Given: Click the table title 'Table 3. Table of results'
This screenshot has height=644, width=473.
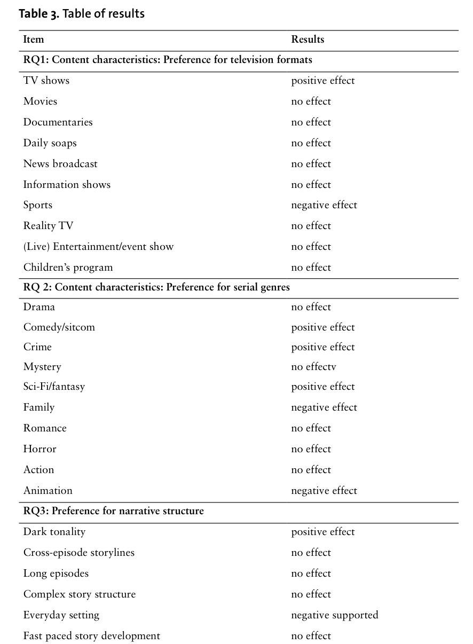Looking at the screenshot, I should (x=82, y=14).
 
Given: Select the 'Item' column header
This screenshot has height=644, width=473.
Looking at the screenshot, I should (x=34, y=40).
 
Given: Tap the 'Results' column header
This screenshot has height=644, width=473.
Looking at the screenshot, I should (x=308, y=40).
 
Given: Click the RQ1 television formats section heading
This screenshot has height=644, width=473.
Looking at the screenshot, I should (x=168, y=60).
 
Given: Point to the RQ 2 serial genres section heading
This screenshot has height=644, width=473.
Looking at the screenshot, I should (x=156, y=287).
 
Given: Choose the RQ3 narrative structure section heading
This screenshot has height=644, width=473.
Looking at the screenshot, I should (x=113, y=511).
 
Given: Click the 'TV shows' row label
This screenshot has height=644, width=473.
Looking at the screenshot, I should (x=46, y=81).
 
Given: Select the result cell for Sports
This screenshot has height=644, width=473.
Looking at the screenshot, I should (x=324, y=205).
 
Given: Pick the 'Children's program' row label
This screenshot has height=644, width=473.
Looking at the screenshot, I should (x=68, y=268).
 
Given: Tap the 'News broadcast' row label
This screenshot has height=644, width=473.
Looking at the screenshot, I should (x=60, y=164).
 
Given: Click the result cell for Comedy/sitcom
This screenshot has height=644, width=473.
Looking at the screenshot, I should (x=322, y=327).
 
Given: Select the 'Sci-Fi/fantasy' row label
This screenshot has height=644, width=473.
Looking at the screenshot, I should (x=54, y=387).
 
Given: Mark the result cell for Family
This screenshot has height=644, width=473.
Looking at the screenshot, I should (x=324, y=407).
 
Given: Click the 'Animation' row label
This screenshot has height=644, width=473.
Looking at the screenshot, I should (x=48, y=491).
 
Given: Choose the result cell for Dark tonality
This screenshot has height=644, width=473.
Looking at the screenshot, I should (x=322, y=532).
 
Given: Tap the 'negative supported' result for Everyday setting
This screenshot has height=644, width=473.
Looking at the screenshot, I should (x=334, y=615).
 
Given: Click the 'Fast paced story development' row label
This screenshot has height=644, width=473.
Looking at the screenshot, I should (x=91, y=636).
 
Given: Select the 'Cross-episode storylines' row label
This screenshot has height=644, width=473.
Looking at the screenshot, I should (x=78, y=553).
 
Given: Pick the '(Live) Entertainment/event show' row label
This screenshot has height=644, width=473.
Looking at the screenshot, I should (x=98, y=247).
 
